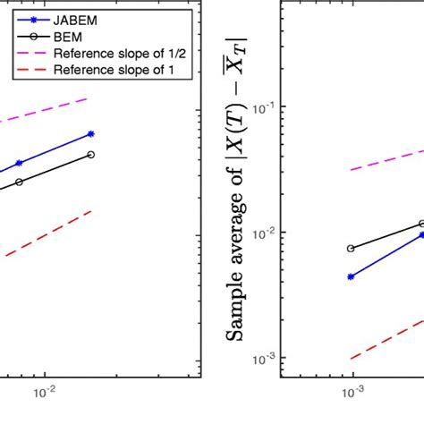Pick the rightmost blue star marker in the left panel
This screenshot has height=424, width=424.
(91, 134)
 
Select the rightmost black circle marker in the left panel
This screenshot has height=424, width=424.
(91, 155)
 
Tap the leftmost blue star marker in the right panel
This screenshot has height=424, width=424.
(351, 276)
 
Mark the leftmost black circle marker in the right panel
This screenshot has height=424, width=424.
(351, 248)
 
